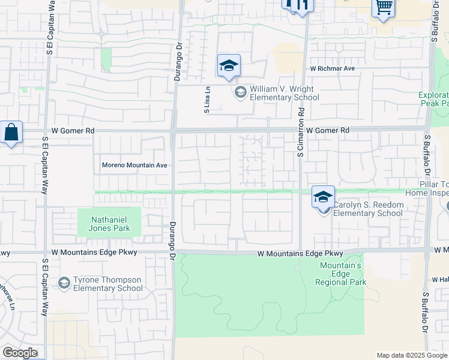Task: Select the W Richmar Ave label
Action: (x=333, y=68)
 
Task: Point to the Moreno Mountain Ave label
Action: (x=134, y=165)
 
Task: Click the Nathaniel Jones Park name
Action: (x=110, y=224)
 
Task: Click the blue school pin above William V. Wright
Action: (x=229, y=66)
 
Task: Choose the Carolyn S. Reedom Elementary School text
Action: (x=368, y=209)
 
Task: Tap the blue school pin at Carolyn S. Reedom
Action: (x=323, y=197)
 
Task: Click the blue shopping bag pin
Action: (x=12, y=133)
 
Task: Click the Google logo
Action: (x=20, y=353)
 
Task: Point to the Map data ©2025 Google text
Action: (x=411, y=355)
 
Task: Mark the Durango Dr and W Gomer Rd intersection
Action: (x=173, y=130)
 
